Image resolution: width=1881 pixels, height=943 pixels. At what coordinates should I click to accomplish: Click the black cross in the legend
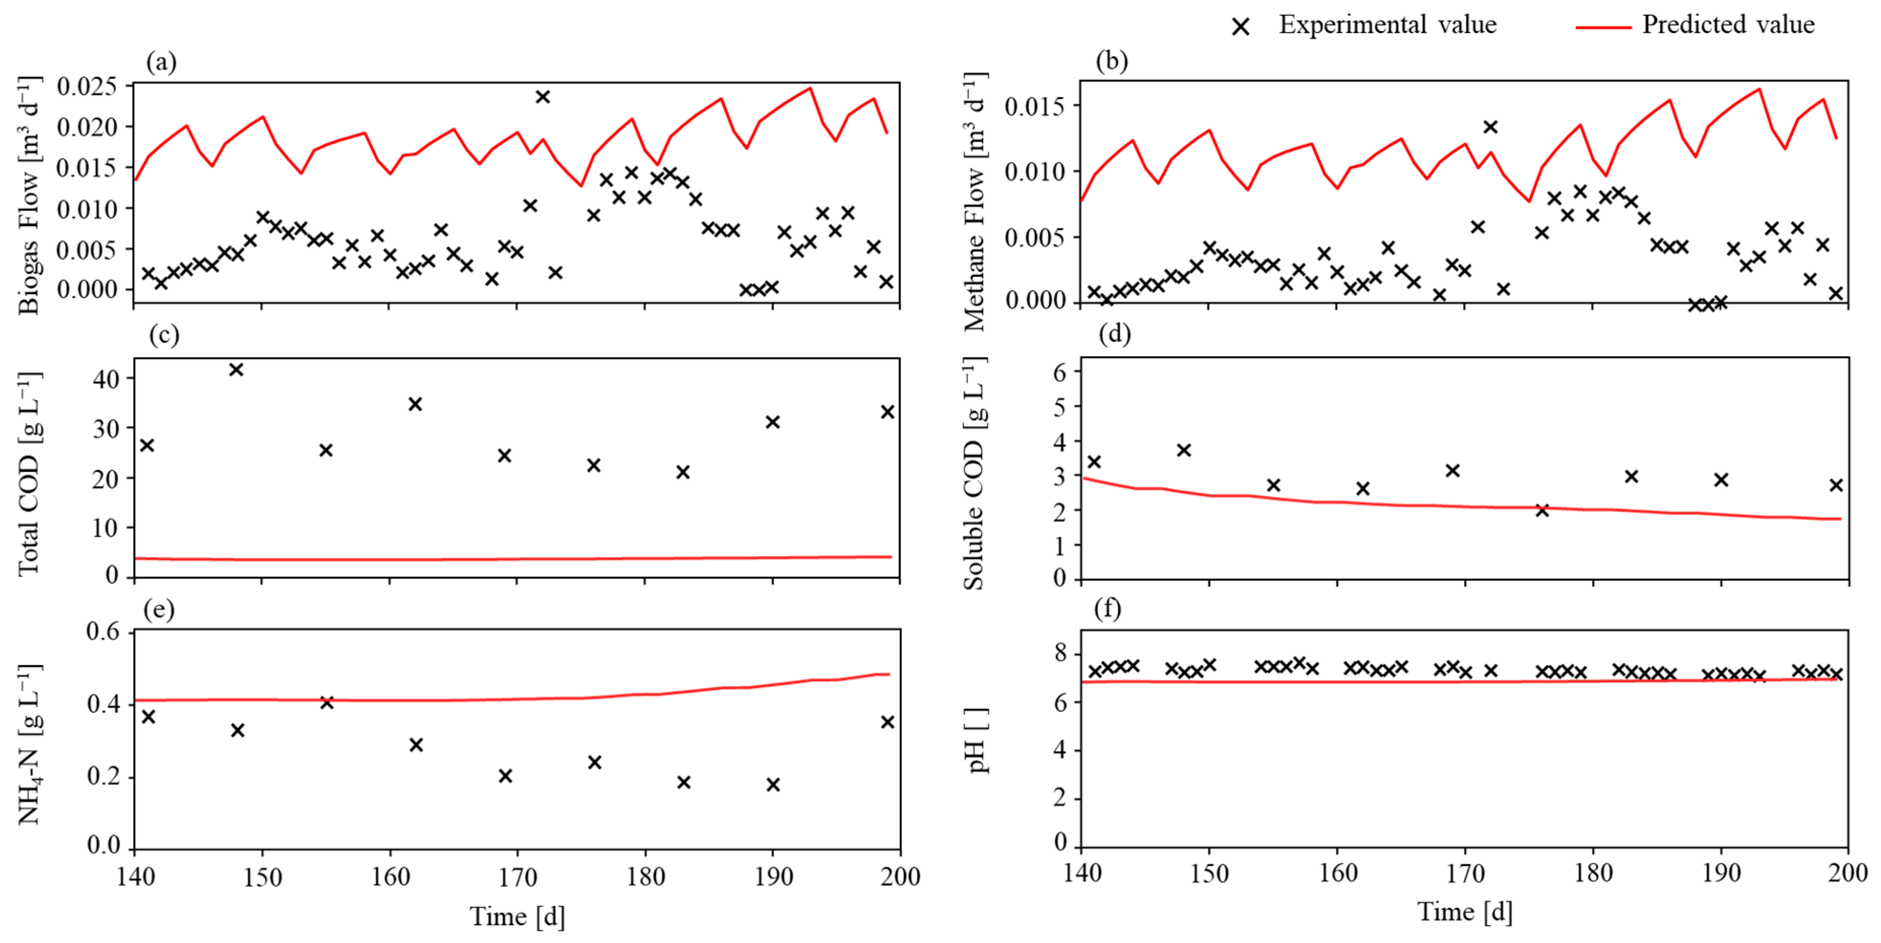1240,27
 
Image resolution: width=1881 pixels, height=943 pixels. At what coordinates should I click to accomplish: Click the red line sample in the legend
1603,27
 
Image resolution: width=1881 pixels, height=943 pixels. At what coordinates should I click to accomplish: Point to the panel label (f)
1107,608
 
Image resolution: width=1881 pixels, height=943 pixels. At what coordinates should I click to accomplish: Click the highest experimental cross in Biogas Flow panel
543,96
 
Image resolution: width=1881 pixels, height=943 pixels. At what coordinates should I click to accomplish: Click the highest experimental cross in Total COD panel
236,369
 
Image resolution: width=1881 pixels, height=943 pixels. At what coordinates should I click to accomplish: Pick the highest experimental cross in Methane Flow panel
1490,127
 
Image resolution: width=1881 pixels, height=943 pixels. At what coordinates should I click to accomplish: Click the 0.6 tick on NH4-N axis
103,632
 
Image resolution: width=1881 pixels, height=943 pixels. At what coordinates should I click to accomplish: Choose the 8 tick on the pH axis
1060,653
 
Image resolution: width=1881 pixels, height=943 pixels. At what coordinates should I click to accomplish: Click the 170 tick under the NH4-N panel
517,876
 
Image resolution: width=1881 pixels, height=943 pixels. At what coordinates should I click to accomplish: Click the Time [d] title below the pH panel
1464,913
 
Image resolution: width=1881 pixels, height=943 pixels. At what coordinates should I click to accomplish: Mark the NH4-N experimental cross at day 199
887,722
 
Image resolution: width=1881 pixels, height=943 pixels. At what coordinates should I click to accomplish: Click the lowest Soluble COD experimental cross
1542,510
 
